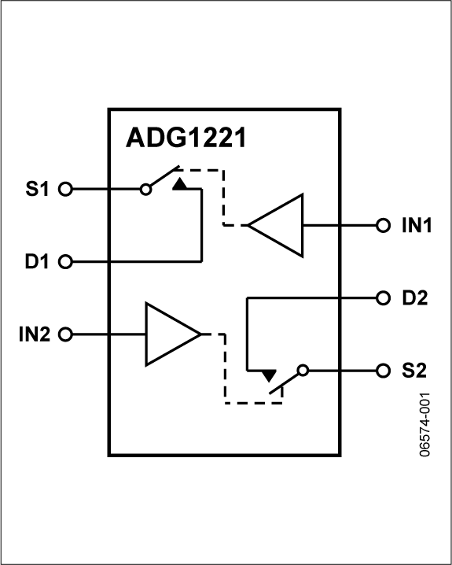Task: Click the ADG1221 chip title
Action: (x=186, y=139)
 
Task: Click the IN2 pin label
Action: (x=35, y=334)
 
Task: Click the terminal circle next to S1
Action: (x=66, y=190)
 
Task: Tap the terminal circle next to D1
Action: (x=66, y=261)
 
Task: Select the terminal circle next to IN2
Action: (x=66, y=334)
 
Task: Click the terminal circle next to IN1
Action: (x=384, y=225)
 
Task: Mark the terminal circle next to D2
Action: (x=384, y=298)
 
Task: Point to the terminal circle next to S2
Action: (x=384, y=370)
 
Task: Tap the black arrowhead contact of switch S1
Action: (x=180, y=184)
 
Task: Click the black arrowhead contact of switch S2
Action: (x=270, y=375)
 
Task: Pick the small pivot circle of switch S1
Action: (x=145, y=190)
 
